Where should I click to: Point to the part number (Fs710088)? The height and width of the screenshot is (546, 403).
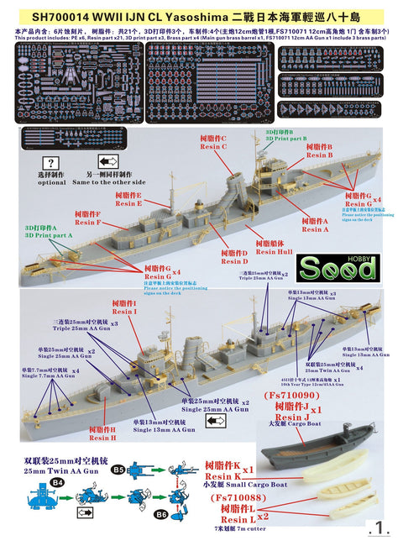230,498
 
